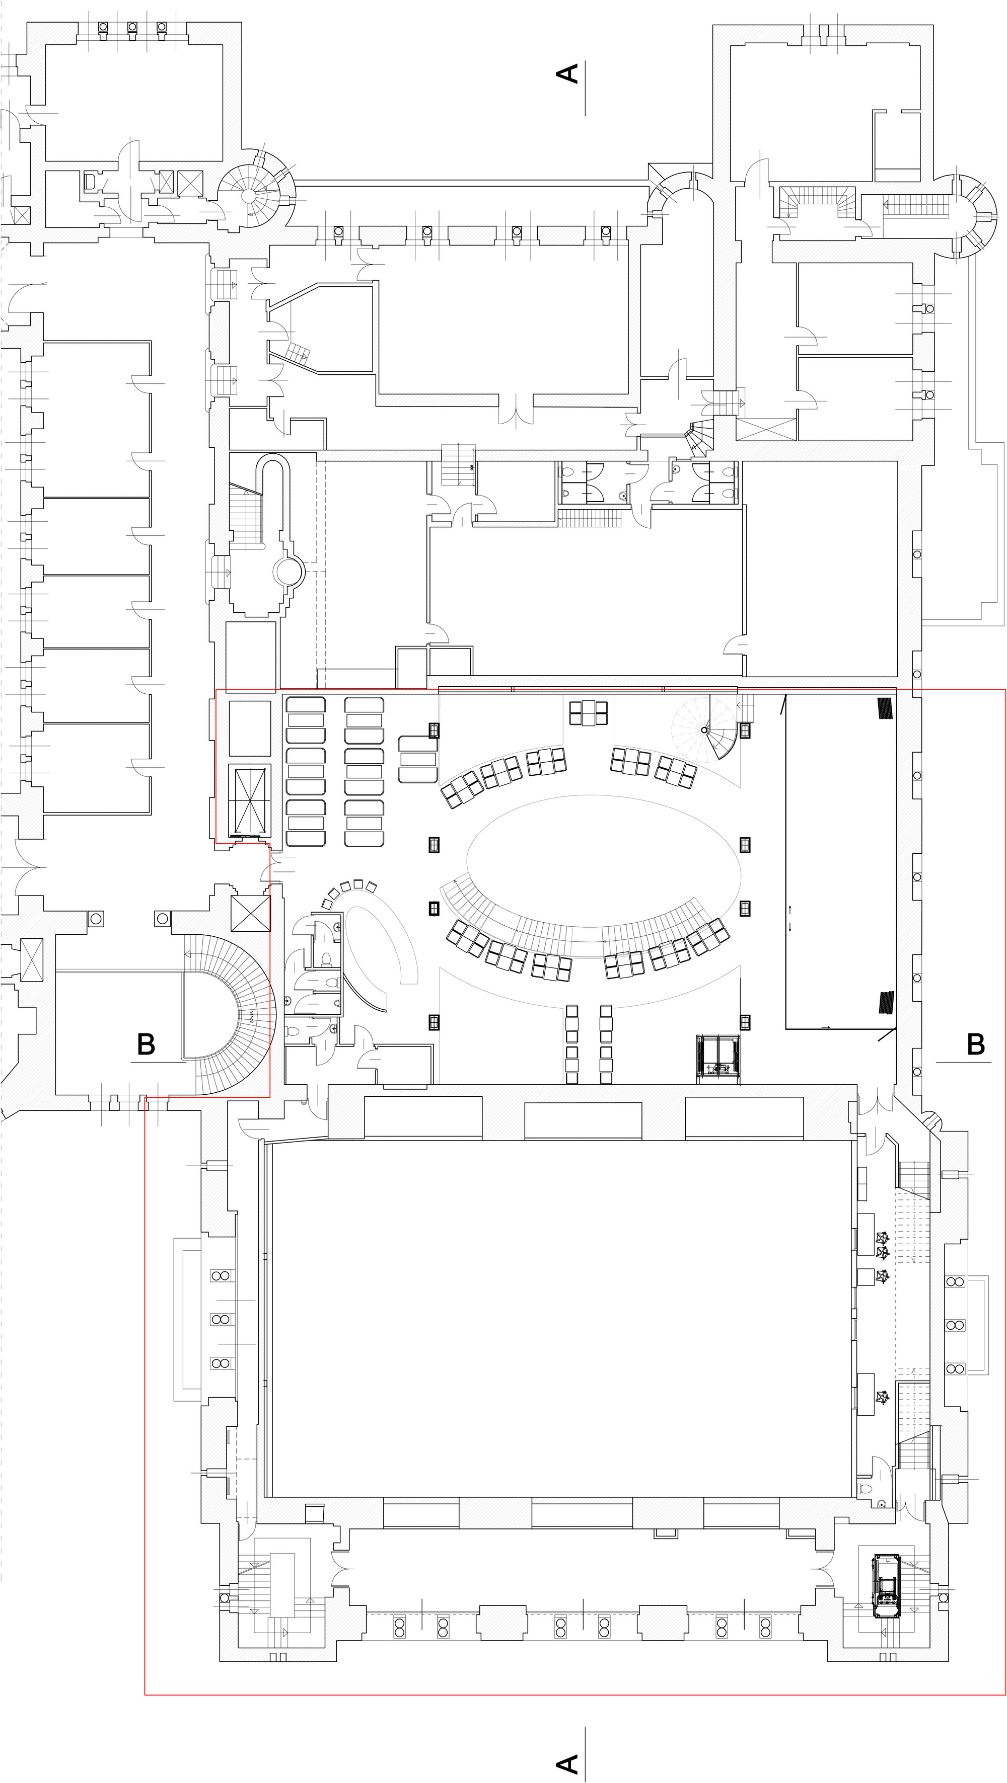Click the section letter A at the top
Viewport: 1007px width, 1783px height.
pyautogui.click(x=567, y=74)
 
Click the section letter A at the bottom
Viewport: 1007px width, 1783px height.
pyautogui.click(x=567, y=1763)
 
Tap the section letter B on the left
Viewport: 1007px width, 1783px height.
pyautogui.click(x=146, y=1044)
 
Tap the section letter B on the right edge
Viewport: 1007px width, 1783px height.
pyautogui.click(x=975, y=1044)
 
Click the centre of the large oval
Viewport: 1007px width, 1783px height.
pyautogui.click(x=603, y=861)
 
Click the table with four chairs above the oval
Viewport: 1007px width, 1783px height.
pyautogui.click(x=589, y=712)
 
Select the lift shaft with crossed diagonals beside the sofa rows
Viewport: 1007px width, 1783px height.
pyautogui.click(x=249, y=800)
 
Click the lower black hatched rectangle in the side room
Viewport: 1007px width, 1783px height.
pyautogui.click(x=886, y=1002)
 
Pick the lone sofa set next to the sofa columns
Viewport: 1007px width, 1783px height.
pyautogui.click(x=417, y=759)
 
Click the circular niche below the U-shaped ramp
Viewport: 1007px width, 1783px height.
pyautogui.click(x=288, y=572)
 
